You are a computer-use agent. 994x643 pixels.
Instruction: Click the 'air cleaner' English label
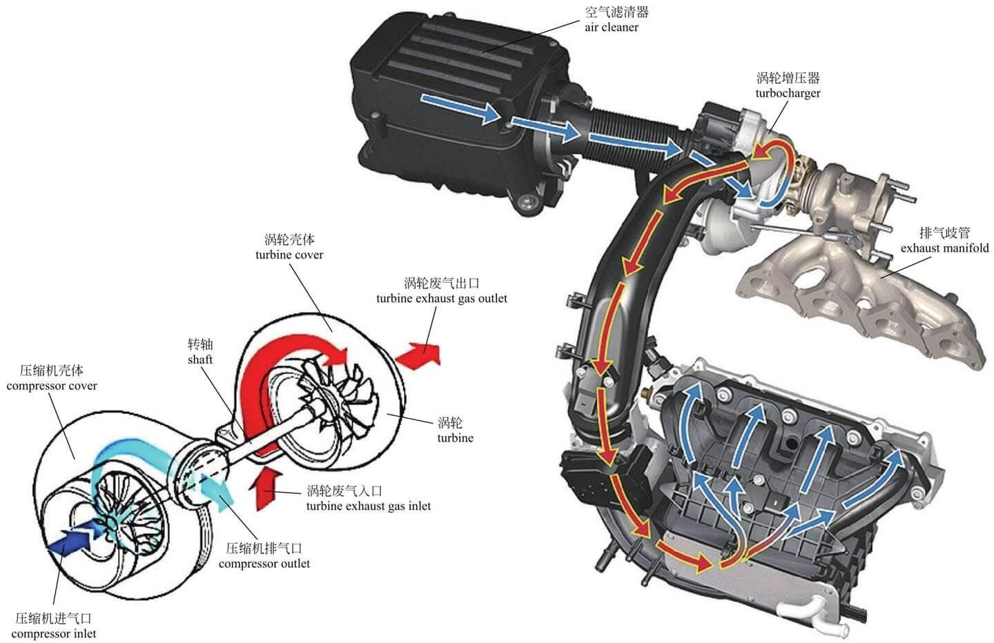pyautogui.click(x=611, y=28)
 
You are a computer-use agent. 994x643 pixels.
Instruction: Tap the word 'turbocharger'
pyautogui.click(x=788, y=94)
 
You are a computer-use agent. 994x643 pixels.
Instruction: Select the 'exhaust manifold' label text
pyautogui.click(x=945, y=248)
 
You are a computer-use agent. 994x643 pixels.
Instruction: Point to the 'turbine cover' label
pyautogui.click(x=289, y=255)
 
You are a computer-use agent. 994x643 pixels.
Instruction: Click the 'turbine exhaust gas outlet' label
pyautogui.click(x=442, y=299)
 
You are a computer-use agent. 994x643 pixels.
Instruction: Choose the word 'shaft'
pyautogui.click(x=200, y=359)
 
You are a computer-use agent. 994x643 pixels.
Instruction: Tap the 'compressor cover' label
pyautogui.click(x=52, y=386)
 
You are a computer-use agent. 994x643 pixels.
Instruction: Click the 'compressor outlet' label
pyautogui.click(x=264, y=564)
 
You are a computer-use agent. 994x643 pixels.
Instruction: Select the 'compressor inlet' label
pyautogui.click(x=54, y=634)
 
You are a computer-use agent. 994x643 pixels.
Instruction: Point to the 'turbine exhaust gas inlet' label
pyautogui.click(x=369, y=506)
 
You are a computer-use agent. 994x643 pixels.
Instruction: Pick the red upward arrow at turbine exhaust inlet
pyautogui.click(x=264, y=490)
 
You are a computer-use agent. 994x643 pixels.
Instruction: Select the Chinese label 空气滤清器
pyautogui.click(x=617, y=12)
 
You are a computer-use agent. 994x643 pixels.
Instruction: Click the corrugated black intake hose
pyautogui.click(x=630, y=135)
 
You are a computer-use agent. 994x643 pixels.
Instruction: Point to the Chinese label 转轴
pyautogui.click(x=200, y=344)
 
